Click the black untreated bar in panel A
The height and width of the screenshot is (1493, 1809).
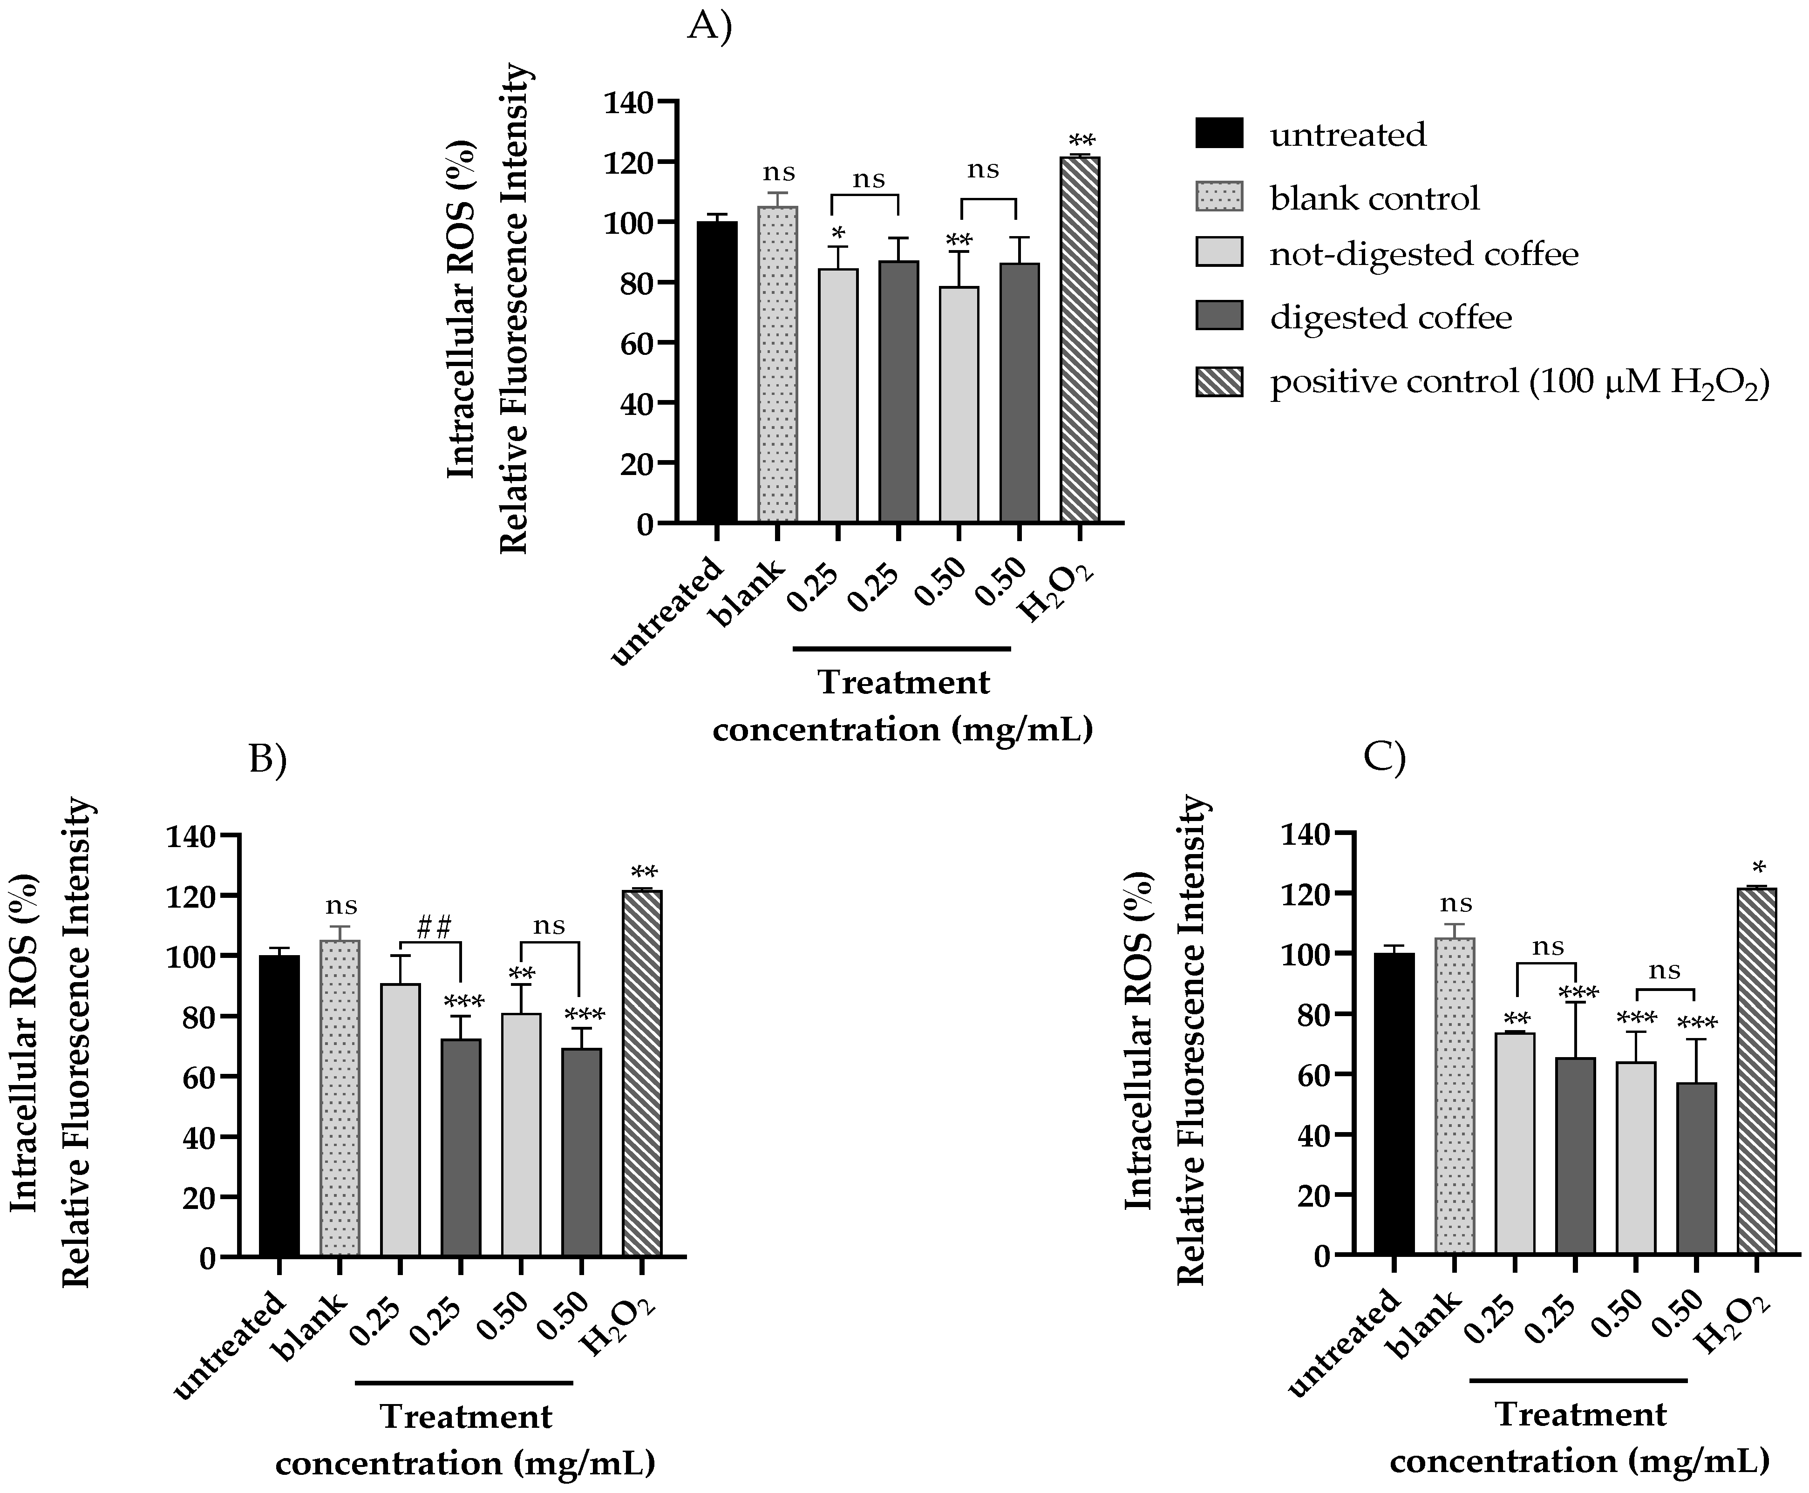(716, 373)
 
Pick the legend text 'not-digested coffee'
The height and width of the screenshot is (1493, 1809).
(1424, 255)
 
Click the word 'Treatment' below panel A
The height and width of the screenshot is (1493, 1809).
(903, 683)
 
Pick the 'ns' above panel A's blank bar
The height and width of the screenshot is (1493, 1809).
(778, 172)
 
